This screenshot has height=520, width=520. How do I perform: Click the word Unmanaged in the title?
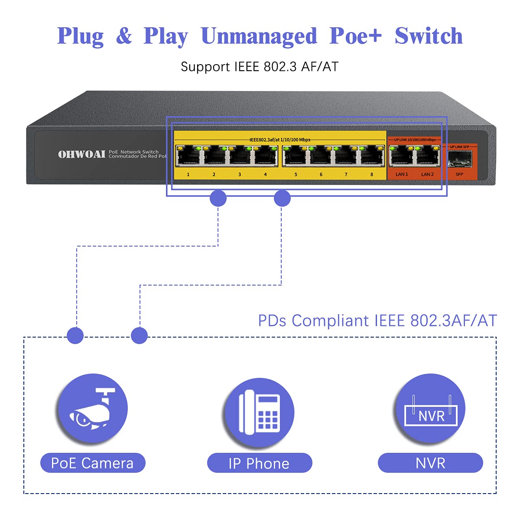pos(259,36)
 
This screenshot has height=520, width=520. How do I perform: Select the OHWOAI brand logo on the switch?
pos(81,154)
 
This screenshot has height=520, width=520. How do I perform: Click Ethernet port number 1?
pos(188,156)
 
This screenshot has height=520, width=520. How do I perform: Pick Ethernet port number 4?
pos(266,156)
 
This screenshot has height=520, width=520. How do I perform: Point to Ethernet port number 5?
pos(295,156)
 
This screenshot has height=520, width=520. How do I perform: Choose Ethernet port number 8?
pos(372,156)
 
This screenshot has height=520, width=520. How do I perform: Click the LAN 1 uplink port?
pos(402,156)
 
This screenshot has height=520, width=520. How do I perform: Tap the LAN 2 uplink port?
pos(427,156)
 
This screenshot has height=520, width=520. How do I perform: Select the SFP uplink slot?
pos(459,160)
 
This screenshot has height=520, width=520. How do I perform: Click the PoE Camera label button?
pos(92,463)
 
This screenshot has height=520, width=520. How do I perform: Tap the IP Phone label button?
pos(259,463)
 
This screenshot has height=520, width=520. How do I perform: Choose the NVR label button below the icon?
pos(430,463)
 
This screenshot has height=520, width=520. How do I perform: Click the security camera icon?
pos(92,409)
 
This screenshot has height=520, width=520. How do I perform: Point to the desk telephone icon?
pos(259,412)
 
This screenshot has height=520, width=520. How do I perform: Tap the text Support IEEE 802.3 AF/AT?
pos(259,67)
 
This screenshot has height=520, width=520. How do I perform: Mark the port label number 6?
pos(321,175)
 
